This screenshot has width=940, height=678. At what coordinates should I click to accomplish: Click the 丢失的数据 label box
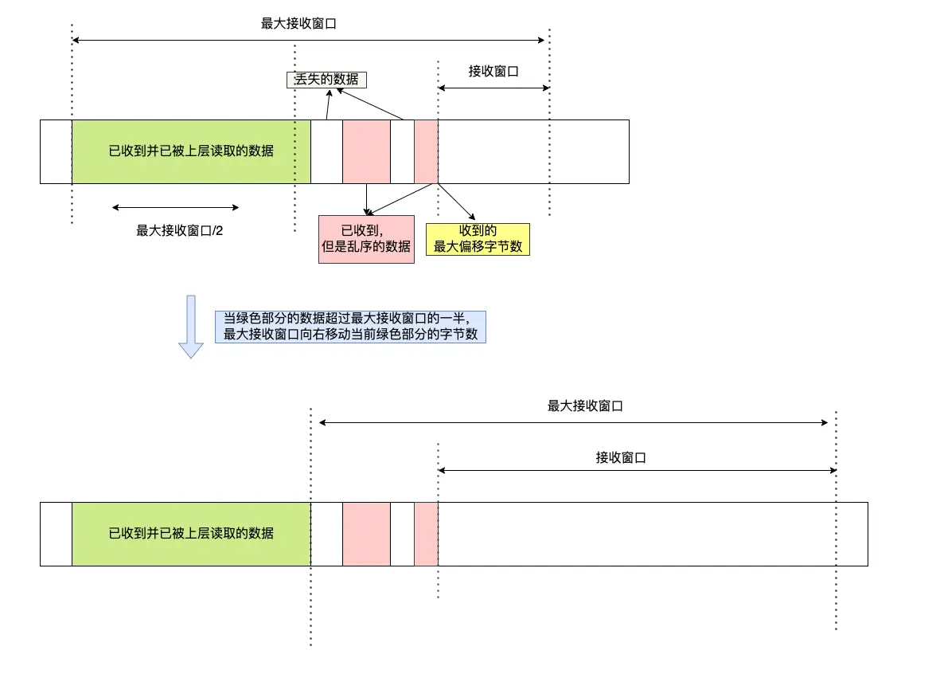tap(326, 80)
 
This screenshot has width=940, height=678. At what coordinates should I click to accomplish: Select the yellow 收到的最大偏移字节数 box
tap(478, 238)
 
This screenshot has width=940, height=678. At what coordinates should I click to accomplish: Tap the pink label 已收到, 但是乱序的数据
tap(366, 239)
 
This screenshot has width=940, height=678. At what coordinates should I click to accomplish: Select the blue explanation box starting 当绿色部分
tap(350, 326)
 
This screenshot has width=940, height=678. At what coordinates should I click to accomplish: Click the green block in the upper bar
tap(191, 151)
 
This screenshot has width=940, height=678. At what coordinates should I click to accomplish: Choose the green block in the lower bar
tap(191, 534)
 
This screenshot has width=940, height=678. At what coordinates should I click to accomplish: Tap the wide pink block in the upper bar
tap(366, 151)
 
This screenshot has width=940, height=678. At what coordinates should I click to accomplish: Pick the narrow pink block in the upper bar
tap(426, 151)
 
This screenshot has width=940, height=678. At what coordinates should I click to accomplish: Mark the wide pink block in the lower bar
tap(366, 534)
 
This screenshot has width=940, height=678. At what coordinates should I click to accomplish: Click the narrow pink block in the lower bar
tap(426, 534)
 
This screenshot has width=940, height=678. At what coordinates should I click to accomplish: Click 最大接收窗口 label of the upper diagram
tap(298, 24)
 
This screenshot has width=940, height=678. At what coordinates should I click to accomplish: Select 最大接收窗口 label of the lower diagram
tap(585, 406)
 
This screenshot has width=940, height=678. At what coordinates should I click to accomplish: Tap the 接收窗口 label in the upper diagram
tap(493, 71)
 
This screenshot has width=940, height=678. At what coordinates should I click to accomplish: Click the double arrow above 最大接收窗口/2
tap(175, 207)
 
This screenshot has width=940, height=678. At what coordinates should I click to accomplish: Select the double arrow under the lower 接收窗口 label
tap(637, 471)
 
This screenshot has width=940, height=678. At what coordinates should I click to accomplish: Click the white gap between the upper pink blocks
tap(402, 151)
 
